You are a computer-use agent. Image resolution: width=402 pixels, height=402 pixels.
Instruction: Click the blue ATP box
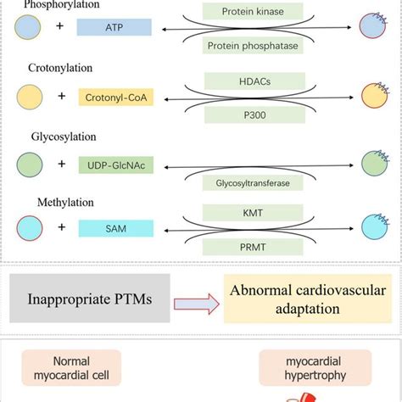coord(114,27)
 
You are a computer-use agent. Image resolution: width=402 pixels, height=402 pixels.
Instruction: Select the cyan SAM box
coord(114,228)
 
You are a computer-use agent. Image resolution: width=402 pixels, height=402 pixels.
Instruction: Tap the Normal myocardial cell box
coord(70,369)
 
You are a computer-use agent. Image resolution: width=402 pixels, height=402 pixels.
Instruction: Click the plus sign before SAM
coord(60,228)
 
